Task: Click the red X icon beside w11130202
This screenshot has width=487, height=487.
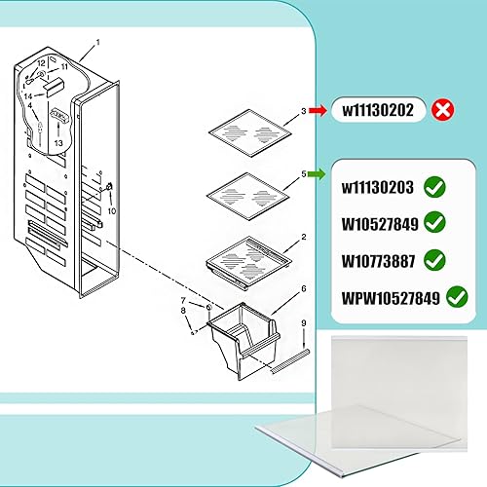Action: [x=444, y=111]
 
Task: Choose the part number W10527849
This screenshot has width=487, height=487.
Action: [x=381, y=224]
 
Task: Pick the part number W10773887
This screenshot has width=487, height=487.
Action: [x=381, y=260]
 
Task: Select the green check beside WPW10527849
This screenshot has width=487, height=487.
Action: [x=456, y=296]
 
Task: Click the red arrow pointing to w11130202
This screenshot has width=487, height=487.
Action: [x=318, y=111]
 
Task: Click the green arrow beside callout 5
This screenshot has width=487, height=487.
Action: [x=318, y=174]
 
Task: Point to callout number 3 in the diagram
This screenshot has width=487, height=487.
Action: [x=304, y=111]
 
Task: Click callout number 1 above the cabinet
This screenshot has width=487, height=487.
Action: [x=97, y=44]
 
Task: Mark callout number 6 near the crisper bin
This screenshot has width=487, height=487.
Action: [x=305, y=289]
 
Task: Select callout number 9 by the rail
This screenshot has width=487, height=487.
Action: [x=304, y=322]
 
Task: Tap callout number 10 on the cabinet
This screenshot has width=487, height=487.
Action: [x=112, y=210]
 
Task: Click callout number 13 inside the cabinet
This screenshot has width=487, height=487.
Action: [x=58, y=142]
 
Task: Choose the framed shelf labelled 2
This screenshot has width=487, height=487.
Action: [x=251, y=260]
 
